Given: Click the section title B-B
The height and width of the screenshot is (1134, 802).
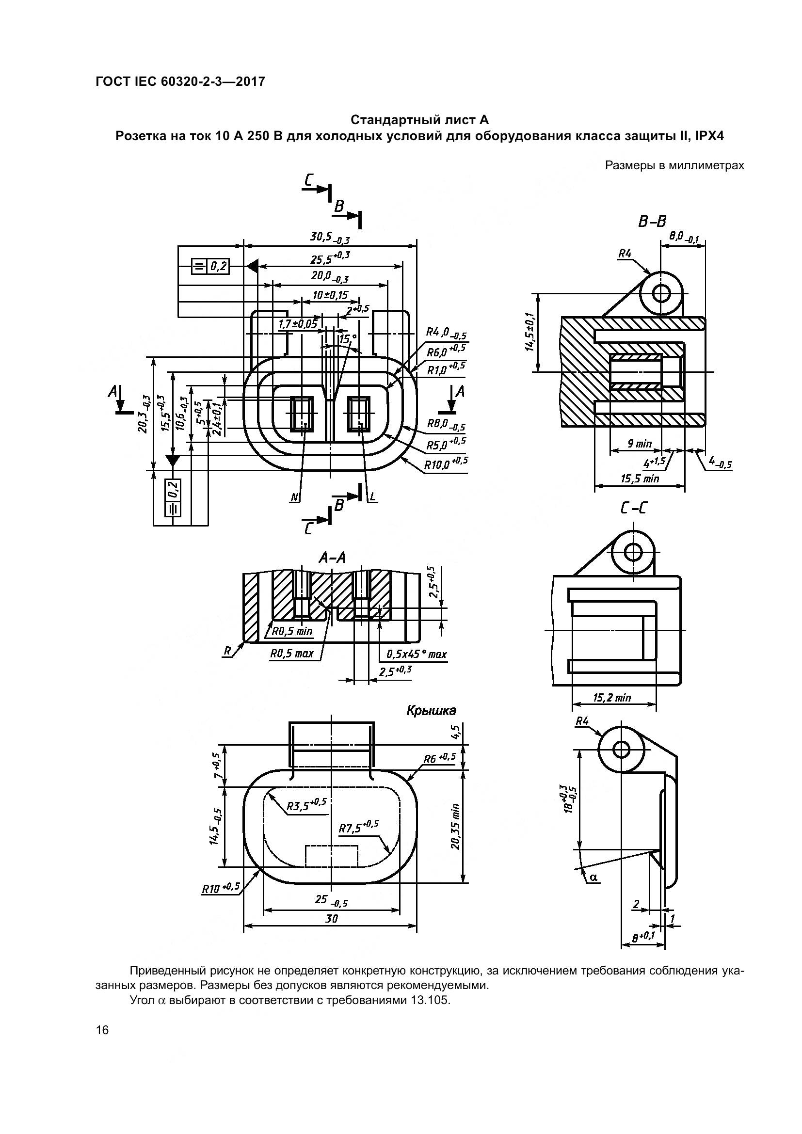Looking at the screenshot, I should (x=652, y=222).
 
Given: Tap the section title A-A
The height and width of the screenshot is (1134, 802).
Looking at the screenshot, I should (x=332, y=558).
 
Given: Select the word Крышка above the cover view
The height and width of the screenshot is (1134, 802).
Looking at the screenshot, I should (x=431, y=711).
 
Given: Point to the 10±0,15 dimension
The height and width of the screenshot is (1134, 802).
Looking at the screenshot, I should (x=330, y=296).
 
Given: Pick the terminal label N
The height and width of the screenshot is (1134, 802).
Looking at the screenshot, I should (x=295, y=498).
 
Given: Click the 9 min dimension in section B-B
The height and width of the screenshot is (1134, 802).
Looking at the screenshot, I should (x=640, y=444).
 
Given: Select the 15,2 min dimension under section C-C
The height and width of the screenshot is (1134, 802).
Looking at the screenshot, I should (x=612, y=697).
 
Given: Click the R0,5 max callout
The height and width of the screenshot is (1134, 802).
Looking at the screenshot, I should (x=292, y=654).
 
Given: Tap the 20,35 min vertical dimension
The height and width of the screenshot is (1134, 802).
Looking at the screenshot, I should (x=455, y=827).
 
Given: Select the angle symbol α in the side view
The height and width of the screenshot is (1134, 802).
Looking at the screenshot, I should (x=593, y=877).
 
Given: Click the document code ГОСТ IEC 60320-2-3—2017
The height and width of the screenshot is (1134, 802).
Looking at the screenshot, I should (x=180, y=81).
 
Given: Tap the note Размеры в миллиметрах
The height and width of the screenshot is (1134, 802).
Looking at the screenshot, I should (x=674, y=165).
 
